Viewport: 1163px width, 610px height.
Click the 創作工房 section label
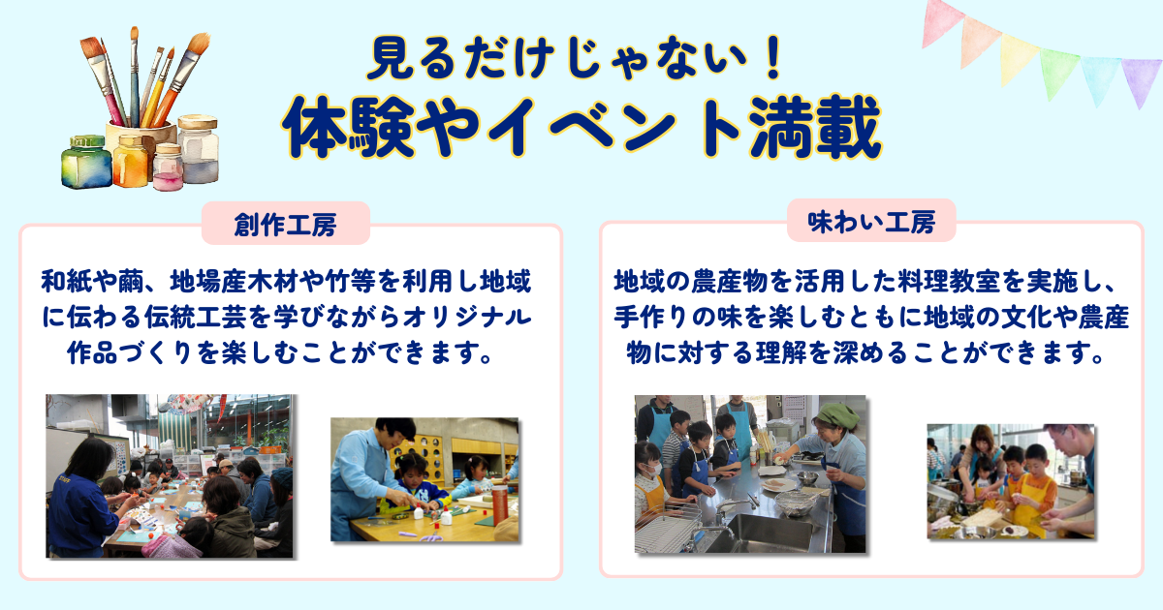tap(286, 224)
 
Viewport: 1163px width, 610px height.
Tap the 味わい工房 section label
tap(871, 222)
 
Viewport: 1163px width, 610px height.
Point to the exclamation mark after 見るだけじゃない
tap(773, 57)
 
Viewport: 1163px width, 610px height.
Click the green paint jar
tap(86, 163)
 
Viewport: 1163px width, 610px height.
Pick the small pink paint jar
tap(167, 167)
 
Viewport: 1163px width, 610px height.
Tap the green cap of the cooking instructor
tap(837, 415)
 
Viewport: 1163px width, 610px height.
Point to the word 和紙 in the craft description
tap(67, 282)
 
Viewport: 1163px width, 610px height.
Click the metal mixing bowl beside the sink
tap(795, 503)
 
